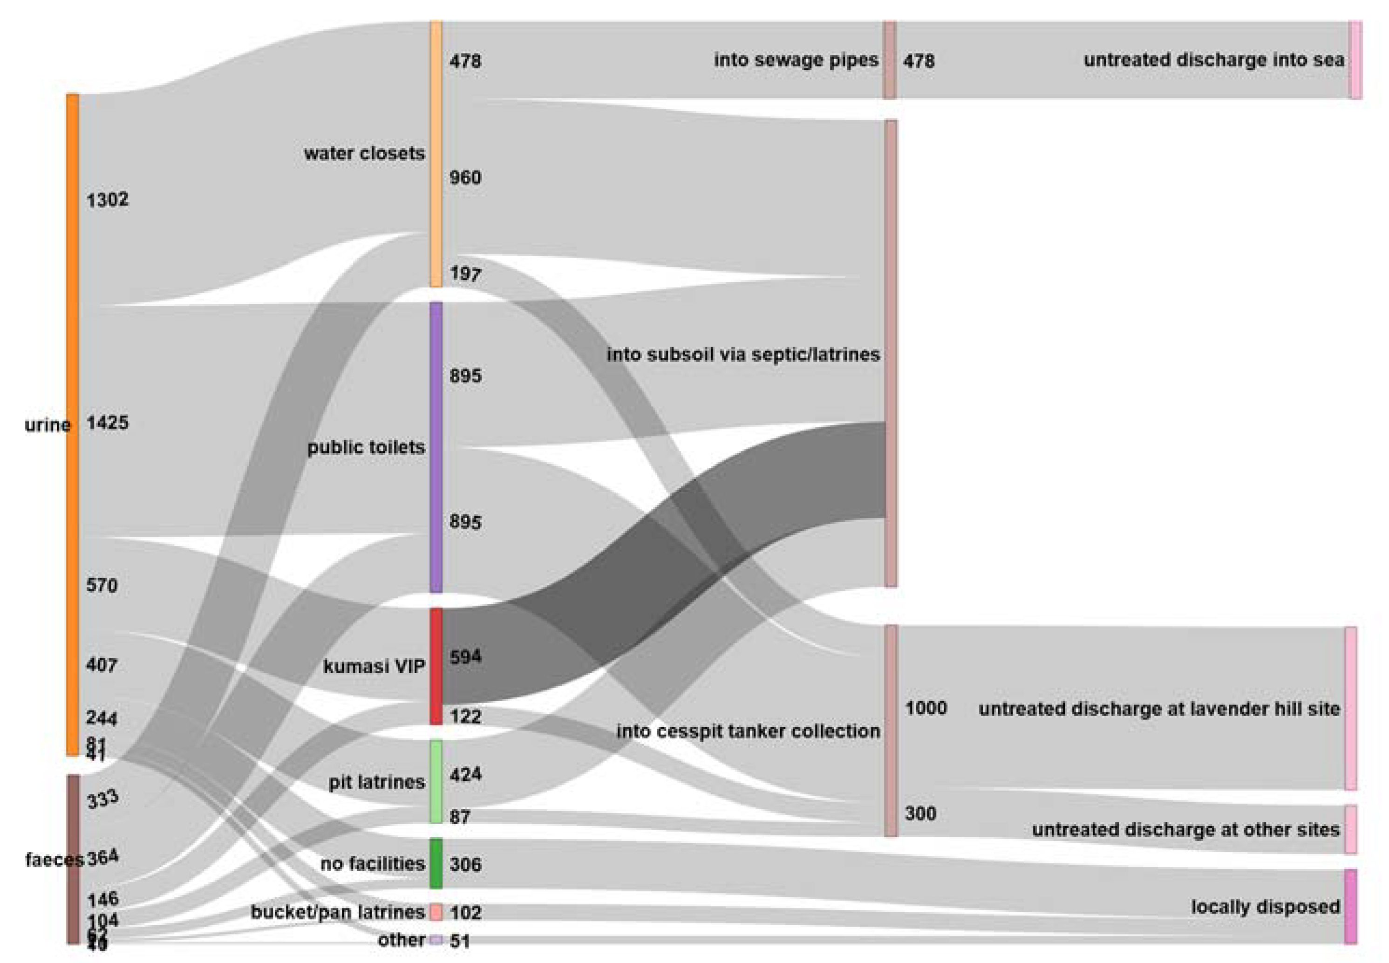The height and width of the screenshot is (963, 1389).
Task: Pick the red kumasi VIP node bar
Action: pyautogui.click(x=436, y=666)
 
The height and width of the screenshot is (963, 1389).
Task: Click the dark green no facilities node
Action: pyautogui.click(x=436, y=863)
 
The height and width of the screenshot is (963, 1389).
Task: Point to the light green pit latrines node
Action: pyautogui.click(x=436, y=781)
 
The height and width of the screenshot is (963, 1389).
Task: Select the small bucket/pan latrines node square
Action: pyautogui.click(x=436, y=912)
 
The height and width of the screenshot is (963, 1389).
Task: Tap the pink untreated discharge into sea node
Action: pyautogui.click(x=1355, y=60)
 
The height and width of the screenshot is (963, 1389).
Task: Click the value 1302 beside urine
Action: pyautogui.click(x=107, y=200)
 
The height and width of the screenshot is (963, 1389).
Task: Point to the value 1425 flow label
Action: pyautogui.click(x=107, y=423)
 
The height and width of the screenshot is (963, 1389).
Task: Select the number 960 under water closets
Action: pyautogui.click(x=465, y=178)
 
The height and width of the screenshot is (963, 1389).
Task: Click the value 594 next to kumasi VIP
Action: pyautogui.click(x=465, y=656)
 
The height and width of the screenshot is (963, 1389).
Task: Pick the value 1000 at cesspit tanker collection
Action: pyautogui.click(x=926, y=708)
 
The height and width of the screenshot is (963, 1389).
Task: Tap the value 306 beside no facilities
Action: pyautogui.click(x=465, y=864)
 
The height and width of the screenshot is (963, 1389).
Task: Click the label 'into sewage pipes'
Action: pyautogui.click(x=796, y=60)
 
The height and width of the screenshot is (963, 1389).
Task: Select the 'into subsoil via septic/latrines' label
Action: pyautogui.click(x=743, y=354)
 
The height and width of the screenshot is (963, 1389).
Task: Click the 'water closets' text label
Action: pyautogui.click(x=364, y=153)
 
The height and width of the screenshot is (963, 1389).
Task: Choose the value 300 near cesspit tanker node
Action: pyautogui.click(x=920, y=813)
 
